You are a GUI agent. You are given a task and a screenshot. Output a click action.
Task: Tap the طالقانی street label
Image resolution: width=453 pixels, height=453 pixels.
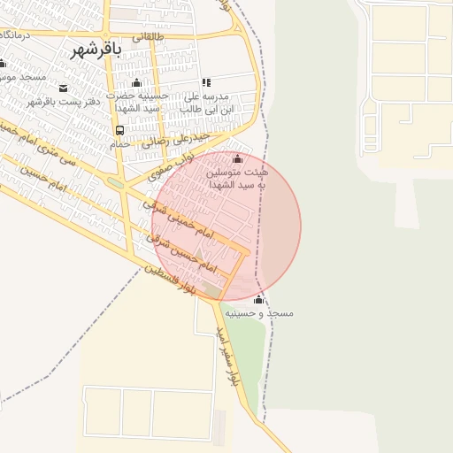coord(147,37)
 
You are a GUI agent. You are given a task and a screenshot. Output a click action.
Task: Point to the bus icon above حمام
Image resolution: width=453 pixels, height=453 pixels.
coord(119,130)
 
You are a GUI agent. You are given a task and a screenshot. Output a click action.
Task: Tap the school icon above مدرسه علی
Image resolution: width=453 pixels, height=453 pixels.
coord(206,82)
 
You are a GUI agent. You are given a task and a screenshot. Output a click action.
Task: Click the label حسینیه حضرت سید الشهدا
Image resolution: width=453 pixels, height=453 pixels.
coord(134,101)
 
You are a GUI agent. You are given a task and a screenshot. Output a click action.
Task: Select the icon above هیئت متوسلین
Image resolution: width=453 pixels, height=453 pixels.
coord(236,159)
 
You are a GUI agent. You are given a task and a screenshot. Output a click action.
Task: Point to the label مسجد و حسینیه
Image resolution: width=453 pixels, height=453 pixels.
coord(258,314)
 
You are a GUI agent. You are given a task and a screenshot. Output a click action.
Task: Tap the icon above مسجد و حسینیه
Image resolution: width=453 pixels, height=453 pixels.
coord(258,301)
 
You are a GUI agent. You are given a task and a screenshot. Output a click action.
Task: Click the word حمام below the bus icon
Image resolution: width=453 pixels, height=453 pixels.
coord(121,143)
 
